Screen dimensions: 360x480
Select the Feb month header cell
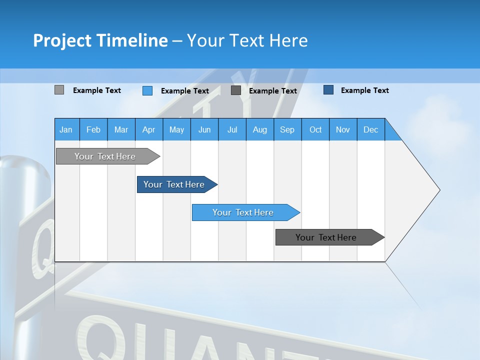[93, 129]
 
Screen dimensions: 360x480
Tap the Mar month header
[121, 129]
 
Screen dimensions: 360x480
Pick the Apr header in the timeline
[149, 129]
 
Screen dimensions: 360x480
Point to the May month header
[176, 129]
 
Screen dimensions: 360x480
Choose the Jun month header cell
[204, 129]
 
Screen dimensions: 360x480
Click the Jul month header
[232, 129]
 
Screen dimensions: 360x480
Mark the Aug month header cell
[260, 129]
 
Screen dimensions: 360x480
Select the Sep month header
[287, 129]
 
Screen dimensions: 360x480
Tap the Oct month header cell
[315, 129]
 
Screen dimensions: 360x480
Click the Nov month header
[343, 129]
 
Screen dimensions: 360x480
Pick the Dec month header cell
[371, 129]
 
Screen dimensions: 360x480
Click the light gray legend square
[59, 90]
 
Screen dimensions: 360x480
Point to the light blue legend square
[147, 90]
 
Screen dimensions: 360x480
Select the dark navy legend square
[328, 90]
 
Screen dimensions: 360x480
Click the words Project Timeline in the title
[100, 40]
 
